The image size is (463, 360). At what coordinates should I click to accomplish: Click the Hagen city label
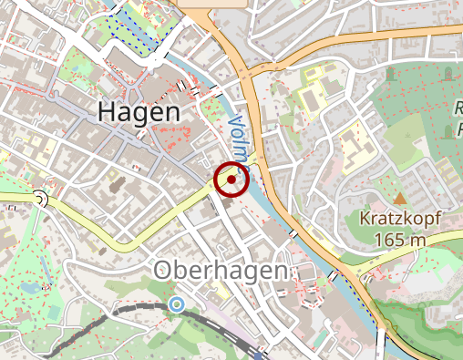click(138, 113)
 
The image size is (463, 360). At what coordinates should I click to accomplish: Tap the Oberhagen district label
click(221, 271)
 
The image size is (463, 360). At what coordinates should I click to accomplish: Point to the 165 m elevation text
click(400, 239)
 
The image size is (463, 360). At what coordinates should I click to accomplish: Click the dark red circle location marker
click(231, 180)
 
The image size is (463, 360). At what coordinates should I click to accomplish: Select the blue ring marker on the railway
click(175, 304)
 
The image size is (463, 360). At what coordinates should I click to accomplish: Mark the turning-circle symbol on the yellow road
click(40, 199)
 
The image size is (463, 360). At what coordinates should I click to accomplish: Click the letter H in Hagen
click(107, 113)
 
